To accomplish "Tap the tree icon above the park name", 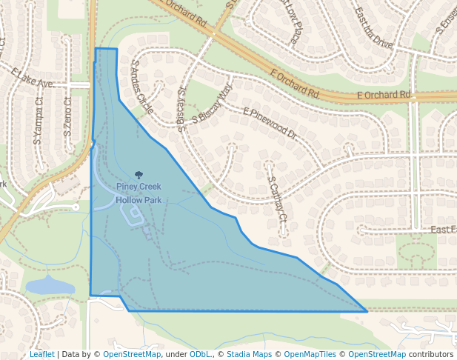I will (139, 176).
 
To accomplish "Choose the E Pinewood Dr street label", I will (270, 124).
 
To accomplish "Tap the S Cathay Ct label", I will (277, 199).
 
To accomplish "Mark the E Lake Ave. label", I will (33, 78).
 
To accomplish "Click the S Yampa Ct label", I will (38, 120).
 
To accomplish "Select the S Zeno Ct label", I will (67, 117).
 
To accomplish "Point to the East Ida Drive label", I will (373, 27).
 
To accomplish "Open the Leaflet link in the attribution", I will (41, 354).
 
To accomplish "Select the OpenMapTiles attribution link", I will (311, 354).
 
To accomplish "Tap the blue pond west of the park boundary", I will (50, 287).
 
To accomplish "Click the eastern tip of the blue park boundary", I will (367, 311).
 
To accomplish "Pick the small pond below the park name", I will (134, 215).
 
